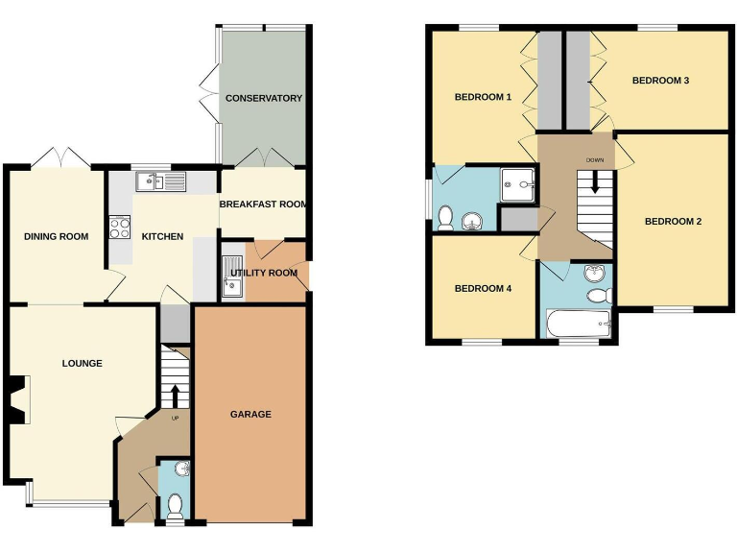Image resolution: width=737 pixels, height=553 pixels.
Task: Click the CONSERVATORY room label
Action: (x=264, y=98)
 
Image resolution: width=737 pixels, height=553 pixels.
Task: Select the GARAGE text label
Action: (x=250, y=415)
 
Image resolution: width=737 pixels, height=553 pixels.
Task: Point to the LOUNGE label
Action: (x=83, y=363)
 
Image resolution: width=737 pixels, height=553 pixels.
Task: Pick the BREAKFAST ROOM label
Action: (x=264, y=204)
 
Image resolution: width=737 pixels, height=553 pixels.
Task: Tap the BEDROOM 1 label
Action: (x=483, y=97)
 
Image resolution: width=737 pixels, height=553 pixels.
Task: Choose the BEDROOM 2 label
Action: (x=673, y=222)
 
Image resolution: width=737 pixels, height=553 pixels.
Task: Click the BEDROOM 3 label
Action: (x=660, y=81)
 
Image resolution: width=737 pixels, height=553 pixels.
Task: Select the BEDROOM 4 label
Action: (x=483, y=289)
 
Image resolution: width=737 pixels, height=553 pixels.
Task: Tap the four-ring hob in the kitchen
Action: (x=121, y=228)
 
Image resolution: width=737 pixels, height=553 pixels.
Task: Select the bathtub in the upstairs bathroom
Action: (x=577, y=324)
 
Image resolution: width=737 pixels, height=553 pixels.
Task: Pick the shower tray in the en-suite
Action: (x=518, y=182)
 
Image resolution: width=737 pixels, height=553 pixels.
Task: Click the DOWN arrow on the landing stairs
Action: (x=595, y=182)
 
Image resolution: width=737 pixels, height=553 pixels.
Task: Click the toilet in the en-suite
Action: (x=445, y=219)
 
